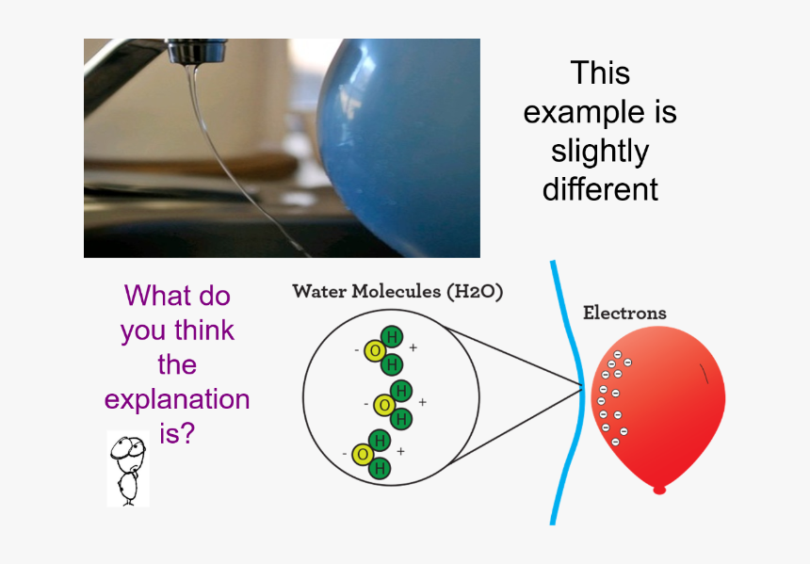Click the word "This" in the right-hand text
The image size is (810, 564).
[x=600, y=73]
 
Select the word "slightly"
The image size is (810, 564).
[x=600, y=152]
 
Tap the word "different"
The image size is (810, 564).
[x=600, y=189]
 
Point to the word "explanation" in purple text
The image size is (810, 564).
[x=177, y=399]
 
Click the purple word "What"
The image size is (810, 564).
[x=151, y=296]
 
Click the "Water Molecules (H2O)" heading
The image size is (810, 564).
[x=397, y=291]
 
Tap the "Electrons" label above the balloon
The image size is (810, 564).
[x=624, y=313]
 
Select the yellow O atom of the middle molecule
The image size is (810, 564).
[x=383, y=404]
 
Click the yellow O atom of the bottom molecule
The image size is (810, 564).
[x=363, y=454]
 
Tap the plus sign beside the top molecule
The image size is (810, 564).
[x=413, y=347]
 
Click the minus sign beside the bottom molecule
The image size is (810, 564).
[x=345, y=454]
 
